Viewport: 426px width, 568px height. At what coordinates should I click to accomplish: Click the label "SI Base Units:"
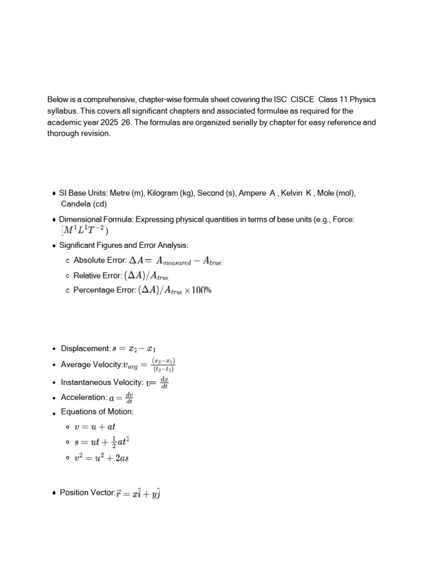click(x=83, y=193)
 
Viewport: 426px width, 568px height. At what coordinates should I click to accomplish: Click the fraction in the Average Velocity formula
click(x=164, y=364)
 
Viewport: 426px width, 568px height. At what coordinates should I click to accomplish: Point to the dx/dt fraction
click(x=164, y=382)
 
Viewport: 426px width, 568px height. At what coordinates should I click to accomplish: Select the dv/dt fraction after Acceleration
click(x=129, y=398)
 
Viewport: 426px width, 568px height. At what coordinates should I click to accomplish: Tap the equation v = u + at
click(x=94, y=427)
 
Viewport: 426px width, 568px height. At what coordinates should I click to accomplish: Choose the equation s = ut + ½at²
click(x=102, y=442)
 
